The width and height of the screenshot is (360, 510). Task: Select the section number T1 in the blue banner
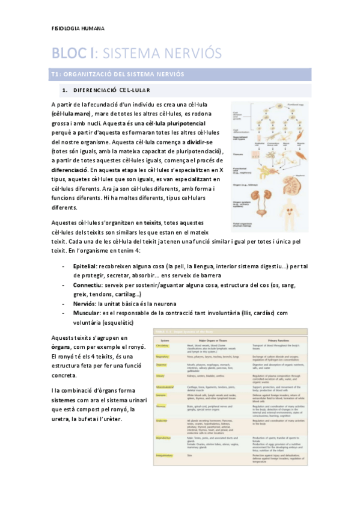point(55,75)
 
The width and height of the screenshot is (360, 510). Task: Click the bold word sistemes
point(64,399)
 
